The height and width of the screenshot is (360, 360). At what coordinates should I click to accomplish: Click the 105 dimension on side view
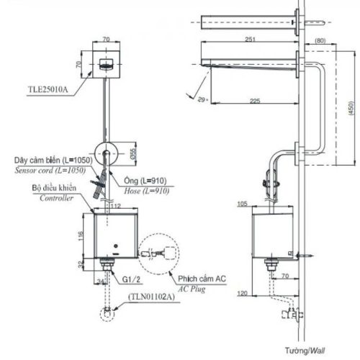(x=240, y=204)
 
